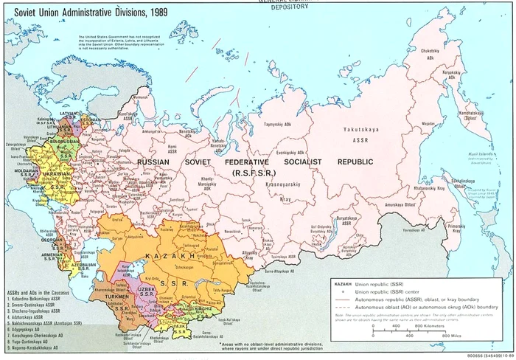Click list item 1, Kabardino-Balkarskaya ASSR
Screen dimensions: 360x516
[37, 300]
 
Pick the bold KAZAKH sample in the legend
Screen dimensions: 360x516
[344, 283]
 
